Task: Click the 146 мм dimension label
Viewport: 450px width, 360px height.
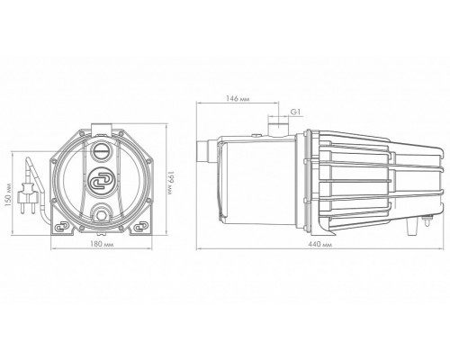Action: point(238,99)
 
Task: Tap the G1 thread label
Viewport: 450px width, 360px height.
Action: point(295,112)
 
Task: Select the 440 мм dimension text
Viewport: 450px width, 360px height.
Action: point(320,245)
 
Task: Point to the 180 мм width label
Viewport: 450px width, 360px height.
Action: point(102,244)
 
